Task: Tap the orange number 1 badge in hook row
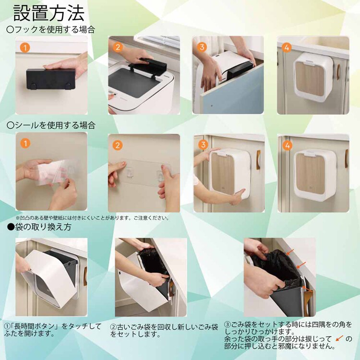click(x=25, y=48)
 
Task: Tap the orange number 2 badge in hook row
click(x=118, y=48)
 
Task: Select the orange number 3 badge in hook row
click(x=202, y=47)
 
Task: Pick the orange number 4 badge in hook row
click(x=287, y=48)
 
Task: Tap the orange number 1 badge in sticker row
click(x=25, y=143)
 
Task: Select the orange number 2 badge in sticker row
click(x=118, y=145)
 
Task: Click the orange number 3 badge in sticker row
click(x=203, y=144)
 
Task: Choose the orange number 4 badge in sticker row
click(x=287, y=144)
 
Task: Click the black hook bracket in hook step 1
click(x=50, y=80)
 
